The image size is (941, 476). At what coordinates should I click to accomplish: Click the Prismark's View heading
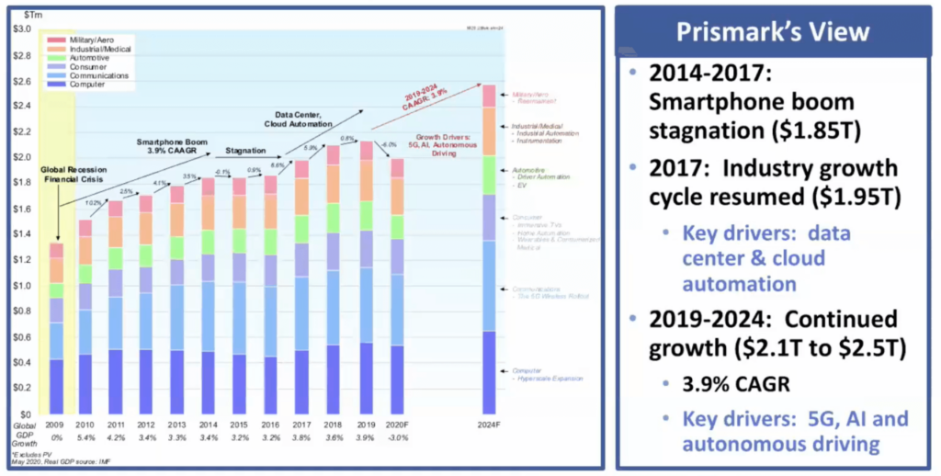point(772,32)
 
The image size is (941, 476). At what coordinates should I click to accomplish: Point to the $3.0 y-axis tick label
point(20,28)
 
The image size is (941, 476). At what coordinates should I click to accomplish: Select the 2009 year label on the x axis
point(56,425)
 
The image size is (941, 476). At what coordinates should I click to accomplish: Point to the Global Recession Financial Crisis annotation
point(71,176)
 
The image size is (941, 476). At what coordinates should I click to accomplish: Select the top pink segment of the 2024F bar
point(489,96)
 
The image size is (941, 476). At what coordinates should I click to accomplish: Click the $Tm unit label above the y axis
point(40,9)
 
